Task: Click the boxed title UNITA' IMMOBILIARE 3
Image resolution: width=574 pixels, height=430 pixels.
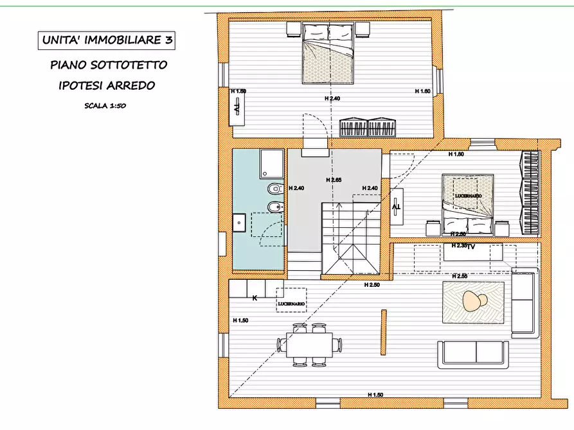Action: coord(107,40)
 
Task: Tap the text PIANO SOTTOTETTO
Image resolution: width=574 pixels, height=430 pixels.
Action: coord(109,65)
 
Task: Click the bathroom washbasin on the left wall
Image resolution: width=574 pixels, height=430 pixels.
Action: coord(238,222)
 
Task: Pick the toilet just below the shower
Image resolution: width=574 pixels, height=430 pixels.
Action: coord(274,188)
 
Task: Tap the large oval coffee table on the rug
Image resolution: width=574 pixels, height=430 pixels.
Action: coord(475,299)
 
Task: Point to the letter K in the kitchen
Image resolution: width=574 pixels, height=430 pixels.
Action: coord(255,298)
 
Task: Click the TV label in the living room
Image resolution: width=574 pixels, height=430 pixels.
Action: coord(471,246)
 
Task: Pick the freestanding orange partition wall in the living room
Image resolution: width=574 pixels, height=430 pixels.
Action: coord(383,332)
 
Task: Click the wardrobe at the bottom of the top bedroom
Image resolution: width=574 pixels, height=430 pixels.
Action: coord(366,128)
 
